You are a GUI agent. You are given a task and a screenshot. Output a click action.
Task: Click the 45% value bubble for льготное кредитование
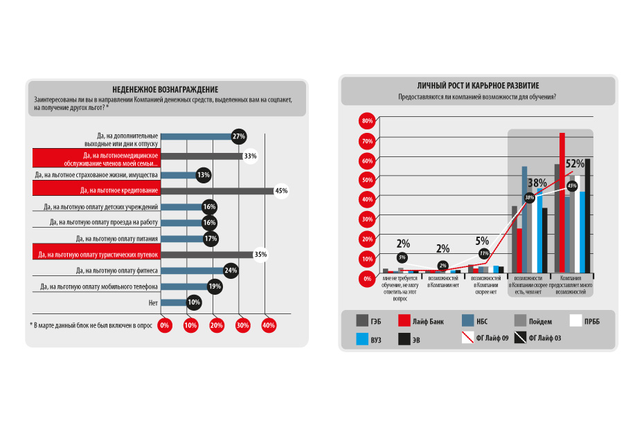point(281,190)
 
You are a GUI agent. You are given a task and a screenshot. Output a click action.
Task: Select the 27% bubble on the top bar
point(239,136)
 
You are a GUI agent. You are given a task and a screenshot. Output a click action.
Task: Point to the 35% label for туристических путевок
point(260,254)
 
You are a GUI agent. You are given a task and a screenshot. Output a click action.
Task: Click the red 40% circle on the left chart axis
point(269,325)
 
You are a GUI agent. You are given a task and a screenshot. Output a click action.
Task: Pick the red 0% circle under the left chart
point(165,325)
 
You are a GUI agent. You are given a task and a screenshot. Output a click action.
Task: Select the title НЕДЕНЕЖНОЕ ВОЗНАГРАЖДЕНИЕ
point(165,89)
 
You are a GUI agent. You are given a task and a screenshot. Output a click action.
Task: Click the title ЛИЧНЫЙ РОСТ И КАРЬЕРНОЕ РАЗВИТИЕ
point(478,85)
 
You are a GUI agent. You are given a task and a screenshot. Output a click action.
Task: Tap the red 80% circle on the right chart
point(367,121)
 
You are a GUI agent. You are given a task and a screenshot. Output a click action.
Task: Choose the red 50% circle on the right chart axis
point(367,180)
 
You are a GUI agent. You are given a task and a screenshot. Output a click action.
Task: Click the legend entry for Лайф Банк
point(416,320)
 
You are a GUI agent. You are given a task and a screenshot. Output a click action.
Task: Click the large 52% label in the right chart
point(575,165)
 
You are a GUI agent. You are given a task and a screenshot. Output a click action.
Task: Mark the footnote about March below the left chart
point(90,325)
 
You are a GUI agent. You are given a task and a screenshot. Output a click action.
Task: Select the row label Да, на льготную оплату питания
point(118,238)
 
